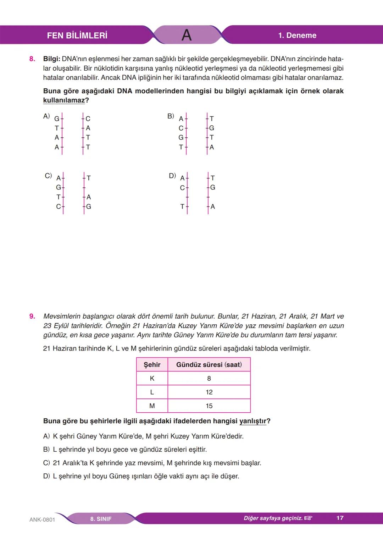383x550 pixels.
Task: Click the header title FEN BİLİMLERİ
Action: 77,35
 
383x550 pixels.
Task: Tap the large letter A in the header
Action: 187,35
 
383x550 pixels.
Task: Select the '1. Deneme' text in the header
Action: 297,35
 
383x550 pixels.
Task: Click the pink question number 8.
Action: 32,59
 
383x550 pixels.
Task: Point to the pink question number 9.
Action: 32,316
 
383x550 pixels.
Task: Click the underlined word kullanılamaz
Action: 64,100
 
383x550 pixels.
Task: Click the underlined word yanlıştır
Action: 252,421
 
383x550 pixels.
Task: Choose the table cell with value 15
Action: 209,406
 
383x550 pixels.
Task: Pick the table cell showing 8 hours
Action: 209,379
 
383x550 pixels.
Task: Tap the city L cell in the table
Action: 152,392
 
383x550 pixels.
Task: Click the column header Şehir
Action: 152,365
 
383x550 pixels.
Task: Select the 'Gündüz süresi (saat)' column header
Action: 209,365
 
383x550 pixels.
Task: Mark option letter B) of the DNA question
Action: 171,116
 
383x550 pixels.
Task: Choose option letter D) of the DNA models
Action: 172,176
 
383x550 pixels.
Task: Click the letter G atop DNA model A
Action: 57,119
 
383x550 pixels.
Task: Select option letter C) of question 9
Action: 46,463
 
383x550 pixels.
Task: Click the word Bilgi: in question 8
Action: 51,59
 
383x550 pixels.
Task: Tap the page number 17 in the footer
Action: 340,518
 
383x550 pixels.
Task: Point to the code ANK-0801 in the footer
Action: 42,519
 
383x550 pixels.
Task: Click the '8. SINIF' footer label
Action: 101,519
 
